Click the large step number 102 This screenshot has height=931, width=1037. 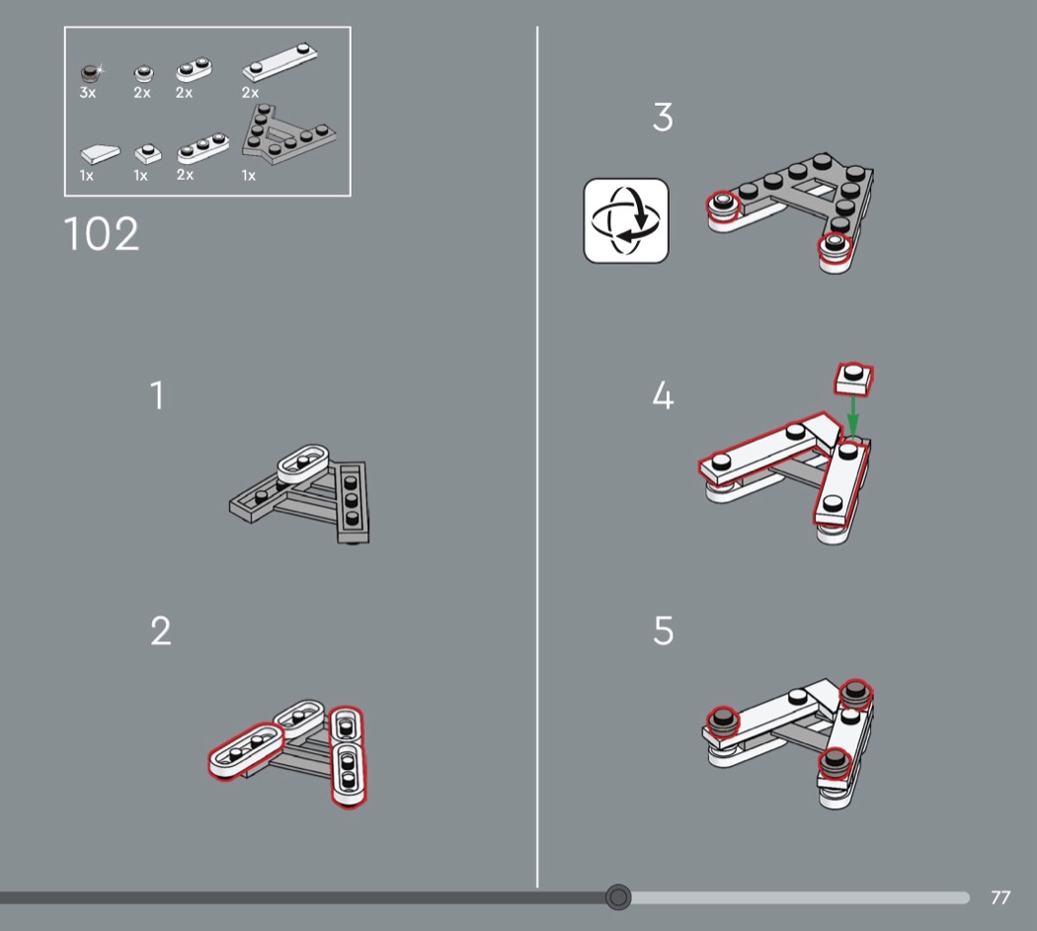(x=102, y=233)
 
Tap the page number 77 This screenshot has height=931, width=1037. (x=999, y=897)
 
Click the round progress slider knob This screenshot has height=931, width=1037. (x=618, y=896)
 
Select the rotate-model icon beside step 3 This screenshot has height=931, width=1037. (x=625, y=220)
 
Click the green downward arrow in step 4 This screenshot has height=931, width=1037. (x=852, y=415)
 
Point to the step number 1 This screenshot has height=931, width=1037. (x=157, y=395)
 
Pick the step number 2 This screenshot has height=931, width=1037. (x=161, y=631)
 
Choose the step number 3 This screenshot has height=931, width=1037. (x=663, y=117)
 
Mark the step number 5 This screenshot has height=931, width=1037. (x=664, y=631)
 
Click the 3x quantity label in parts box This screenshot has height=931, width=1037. (x=87, y=93)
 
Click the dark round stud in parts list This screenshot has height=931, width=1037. (x=89, y=72)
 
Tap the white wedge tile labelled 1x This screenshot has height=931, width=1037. (x=100, y=155)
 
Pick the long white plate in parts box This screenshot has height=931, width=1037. (x=279, y=62)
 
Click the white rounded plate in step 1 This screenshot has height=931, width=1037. (x=303, y=462)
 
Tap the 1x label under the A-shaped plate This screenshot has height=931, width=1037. (x=249, y=175)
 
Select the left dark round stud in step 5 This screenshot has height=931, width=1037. (x=722, y=721)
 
